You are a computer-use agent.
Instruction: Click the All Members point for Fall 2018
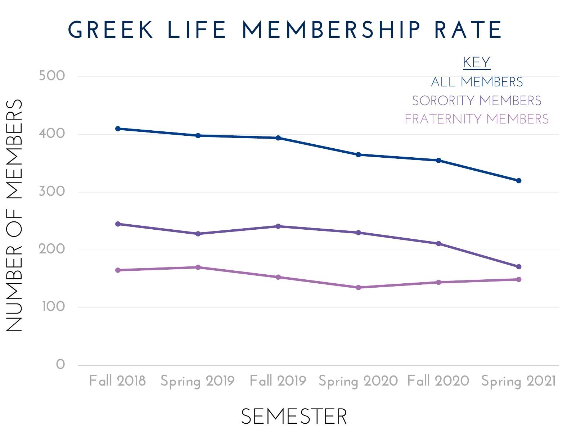118,129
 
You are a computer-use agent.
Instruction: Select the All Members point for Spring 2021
519,181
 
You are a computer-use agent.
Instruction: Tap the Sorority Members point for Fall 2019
278,226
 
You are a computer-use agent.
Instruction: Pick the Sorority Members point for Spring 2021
519,267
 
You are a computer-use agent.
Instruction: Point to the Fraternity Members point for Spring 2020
359,288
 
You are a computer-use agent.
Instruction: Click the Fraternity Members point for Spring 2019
198,267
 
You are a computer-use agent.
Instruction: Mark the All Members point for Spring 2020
359,155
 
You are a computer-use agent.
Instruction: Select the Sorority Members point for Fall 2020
438,244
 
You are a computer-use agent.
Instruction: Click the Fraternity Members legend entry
477,119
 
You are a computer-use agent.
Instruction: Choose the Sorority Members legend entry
477,101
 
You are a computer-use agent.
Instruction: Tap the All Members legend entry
477,82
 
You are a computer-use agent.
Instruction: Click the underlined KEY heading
477,63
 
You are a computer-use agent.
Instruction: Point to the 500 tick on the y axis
52,76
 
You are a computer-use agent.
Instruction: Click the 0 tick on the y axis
60,365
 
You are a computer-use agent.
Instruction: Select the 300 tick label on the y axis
52,192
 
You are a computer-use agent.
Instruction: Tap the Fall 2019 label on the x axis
278,381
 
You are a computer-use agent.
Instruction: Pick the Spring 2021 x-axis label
518,381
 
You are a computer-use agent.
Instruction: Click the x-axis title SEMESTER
294,417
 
